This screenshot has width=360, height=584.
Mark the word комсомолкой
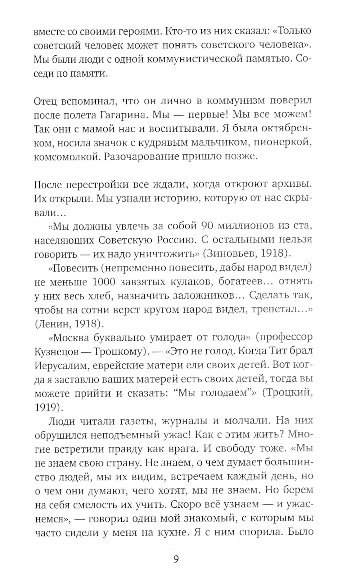(64, 156)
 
